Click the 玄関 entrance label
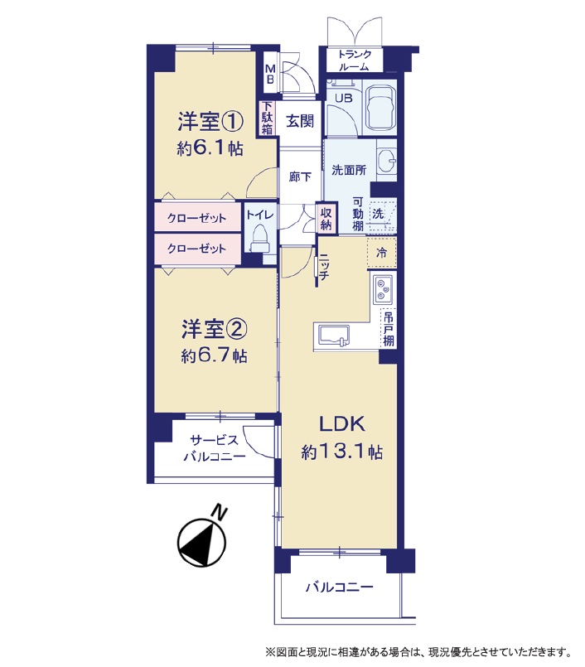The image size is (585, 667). point(300,121)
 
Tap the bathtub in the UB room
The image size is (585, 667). point(381,107)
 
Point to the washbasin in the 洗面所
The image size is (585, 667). point(387,161)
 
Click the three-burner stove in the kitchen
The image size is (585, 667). point(383,289)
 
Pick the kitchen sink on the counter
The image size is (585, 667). point(334,336)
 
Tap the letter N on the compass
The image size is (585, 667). point(219,512)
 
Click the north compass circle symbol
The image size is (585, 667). point(201,543)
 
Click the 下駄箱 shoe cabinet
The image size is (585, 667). point(267,118)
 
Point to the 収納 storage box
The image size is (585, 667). point(326,219)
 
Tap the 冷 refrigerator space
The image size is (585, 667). point(382,253)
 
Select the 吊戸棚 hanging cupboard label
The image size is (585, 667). point(389,329)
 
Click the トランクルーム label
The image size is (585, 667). point(355,60)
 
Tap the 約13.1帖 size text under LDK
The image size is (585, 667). point(342,452)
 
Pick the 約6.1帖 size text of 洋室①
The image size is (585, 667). point(210,148)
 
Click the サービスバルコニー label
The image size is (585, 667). point(214,448)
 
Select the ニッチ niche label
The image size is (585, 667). point(323,266)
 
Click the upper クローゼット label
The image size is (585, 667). point(196,218)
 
